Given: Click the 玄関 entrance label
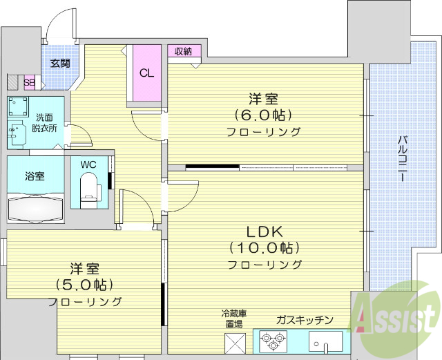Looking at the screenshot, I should click(60, 64).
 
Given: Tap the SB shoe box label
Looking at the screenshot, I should click(30, 82).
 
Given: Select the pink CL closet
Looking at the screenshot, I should click(147, 73).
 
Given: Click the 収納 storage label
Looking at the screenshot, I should click(183, 51).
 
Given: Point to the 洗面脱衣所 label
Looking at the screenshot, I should click(44, 122).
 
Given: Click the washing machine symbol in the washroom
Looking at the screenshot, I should click(18, 106).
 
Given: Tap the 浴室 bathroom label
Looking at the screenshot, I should click(35, 176).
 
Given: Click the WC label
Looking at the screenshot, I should click(88, 165).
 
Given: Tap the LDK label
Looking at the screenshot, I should click(262, 231).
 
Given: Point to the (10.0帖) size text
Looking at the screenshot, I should click(262, 248).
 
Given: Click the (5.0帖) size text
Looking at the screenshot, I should click(84, 285).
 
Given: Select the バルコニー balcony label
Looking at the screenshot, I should click(402, 158).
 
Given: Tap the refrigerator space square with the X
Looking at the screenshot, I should click(235, 343).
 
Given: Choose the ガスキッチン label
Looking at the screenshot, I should click(304, 320).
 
